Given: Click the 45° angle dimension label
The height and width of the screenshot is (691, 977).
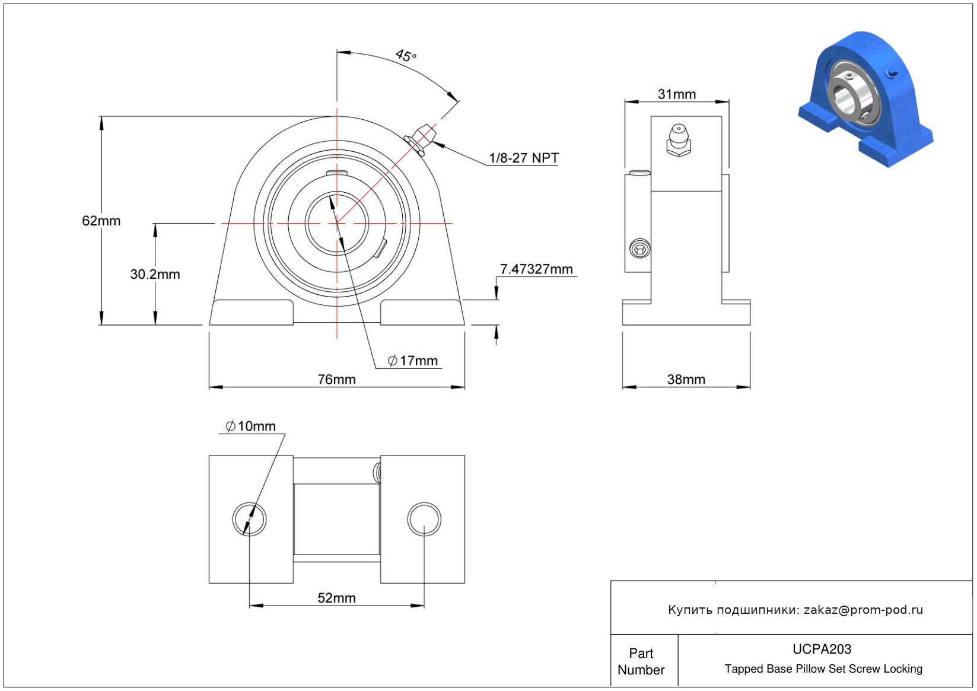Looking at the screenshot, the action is (x=406, y=55).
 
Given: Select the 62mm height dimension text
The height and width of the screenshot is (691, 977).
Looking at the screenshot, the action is (x=101, y=221).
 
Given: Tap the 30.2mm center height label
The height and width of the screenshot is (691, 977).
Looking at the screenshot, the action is (x=155, y=274).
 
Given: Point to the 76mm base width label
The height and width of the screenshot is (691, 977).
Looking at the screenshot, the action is (x=337, y=379).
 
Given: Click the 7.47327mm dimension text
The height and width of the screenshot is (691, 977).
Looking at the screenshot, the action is (x=536, y=269).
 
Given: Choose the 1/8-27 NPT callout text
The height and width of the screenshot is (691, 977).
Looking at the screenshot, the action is (x=524, y=158).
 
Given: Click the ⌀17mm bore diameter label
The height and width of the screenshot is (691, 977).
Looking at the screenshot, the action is (x=413, y=361).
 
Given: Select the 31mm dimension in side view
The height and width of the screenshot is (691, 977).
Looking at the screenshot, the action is (x=677, y=94).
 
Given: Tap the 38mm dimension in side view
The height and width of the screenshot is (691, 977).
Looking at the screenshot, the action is (x=686, y=379).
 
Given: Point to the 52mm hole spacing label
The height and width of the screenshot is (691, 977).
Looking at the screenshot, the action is (x=337, y=597).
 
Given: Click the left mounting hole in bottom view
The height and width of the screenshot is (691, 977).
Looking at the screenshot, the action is (x=250, y=519).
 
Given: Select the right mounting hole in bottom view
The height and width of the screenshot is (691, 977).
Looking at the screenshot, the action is (x=424, y=519).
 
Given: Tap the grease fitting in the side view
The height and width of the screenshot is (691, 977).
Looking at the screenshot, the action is (x=679, y=141).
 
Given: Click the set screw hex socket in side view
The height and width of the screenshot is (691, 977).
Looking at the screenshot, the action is (x=640, y=249).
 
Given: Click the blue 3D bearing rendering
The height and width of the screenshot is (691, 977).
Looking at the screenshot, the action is (x=866, y=100).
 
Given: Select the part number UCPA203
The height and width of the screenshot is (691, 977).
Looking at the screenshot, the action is (x=822, y=649).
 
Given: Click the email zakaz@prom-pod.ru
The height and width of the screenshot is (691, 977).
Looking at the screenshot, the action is (x=864, y=609).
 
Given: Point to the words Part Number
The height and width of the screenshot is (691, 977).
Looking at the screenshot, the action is (x=641, y=661).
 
